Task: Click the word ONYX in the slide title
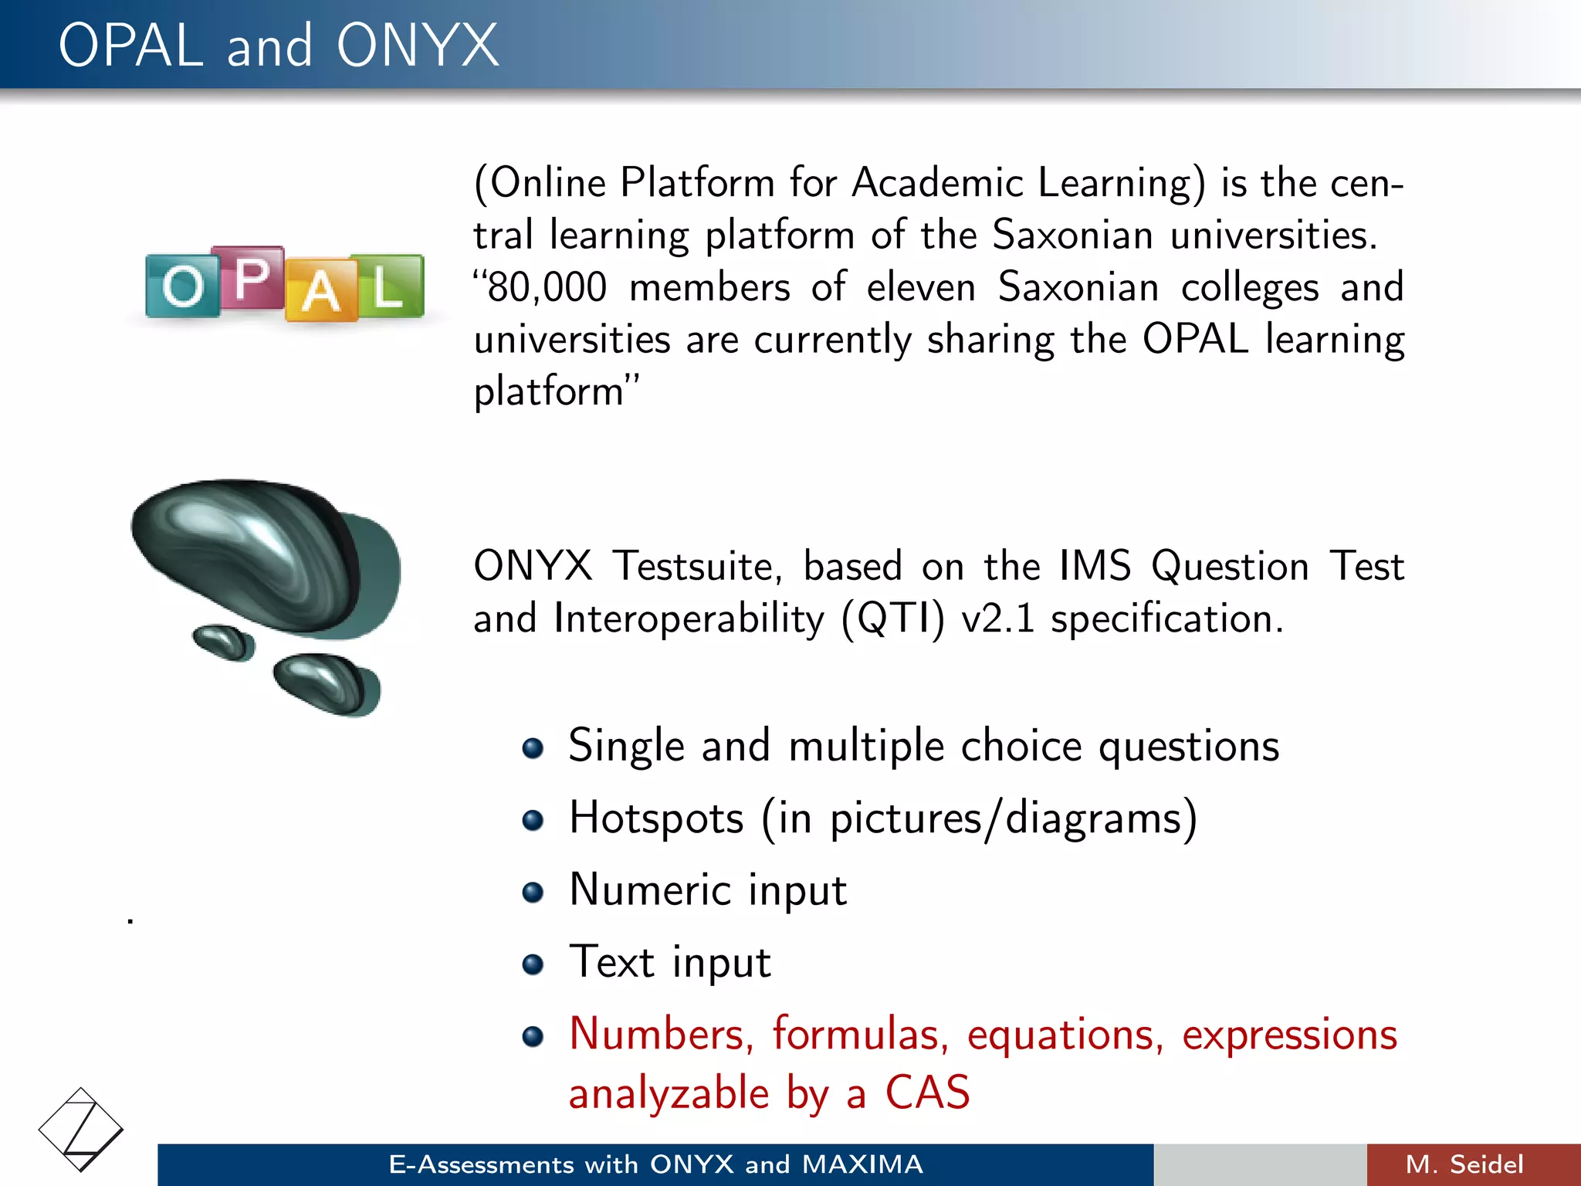417,46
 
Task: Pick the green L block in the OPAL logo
388,286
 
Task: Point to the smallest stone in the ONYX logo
223,642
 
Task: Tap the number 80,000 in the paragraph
547,287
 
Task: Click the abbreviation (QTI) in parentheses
893,618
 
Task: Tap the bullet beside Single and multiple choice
533,747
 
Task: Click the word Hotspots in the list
656,818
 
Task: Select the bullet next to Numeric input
533,892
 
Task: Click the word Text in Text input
611,962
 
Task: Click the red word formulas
860,1034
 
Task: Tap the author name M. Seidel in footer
1464,1164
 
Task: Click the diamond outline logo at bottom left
80,1130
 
